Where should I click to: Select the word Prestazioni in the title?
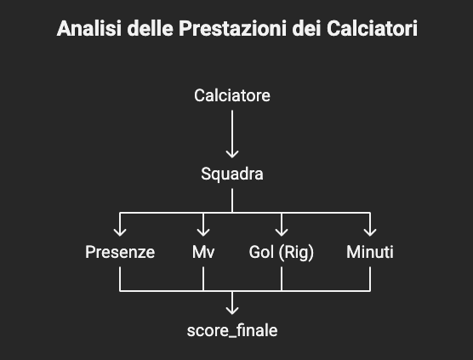(232, 28)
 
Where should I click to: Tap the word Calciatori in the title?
(373, 28)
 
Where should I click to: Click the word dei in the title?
(306, 28)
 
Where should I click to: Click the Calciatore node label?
(232, 95)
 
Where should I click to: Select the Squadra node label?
(232, 174)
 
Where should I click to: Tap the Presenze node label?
(120, 252)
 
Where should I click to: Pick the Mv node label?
(203, 252)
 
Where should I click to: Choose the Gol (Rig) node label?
(281, 252)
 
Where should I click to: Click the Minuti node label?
(370, 252)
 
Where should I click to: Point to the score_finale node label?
(232, 330)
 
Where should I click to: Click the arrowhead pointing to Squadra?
(232, 154)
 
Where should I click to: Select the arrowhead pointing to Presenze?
(120, 232)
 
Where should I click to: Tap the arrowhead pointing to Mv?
(203, 232)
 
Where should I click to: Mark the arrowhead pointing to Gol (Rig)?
(281, 232)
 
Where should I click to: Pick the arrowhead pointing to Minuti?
(370, 232)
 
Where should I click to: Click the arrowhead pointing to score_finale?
(232, 311)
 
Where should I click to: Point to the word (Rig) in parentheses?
(296, 252)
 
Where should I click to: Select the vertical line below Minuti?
(370, 279)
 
